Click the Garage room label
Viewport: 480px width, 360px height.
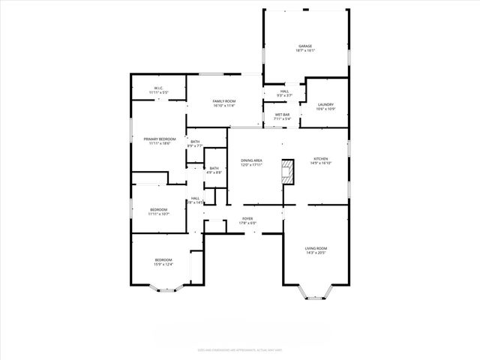(x=305, y=49)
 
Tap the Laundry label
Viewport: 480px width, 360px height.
(x=325, y=106)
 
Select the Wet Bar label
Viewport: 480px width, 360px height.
(x=282, y=116)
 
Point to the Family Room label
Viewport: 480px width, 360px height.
(x=223, y=103)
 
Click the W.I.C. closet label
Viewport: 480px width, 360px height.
(x=159, y=90)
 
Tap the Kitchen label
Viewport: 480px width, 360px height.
(x=321, y=160)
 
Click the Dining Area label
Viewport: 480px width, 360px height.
(x=251, y=163)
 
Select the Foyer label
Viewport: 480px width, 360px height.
(x=247, y=220)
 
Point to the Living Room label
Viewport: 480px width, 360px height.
(x=316, y=250)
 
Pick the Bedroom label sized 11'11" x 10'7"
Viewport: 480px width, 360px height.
(x=158, y=211)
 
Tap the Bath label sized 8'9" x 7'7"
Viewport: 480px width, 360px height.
(x=195, y=143)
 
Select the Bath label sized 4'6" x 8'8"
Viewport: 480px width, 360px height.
(x=214, y=170)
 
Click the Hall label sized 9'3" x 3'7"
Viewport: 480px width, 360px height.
(x=284, y=93)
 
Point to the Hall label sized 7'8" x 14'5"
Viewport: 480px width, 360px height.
(x=194, y=200)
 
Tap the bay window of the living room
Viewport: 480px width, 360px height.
(x=316, y=293)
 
